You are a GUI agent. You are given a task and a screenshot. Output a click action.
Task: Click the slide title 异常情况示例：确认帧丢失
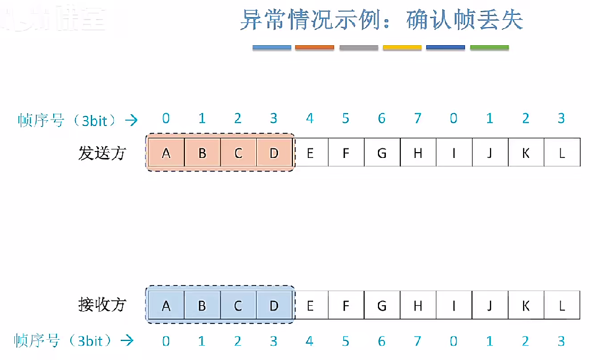(x=382, y=20)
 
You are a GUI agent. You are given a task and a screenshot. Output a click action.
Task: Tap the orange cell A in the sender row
(x=166, y=153)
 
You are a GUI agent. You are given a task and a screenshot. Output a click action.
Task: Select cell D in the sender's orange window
(x=274, y=153)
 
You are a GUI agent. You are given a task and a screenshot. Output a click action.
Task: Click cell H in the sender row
(x=418, y=153)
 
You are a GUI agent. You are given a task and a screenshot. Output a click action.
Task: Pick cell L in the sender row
(x=562, y=153)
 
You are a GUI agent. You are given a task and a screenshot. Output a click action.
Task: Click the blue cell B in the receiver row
(x=202, y=306)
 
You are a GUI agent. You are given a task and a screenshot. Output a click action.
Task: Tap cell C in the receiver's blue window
(x=238, y=306)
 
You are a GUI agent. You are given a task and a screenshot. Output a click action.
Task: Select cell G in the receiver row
(x=382, y=306)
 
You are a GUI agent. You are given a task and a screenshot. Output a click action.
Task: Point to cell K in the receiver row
(x=526, y=306)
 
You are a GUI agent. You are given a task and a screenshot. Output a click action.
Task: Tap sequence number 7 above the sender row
(x=418, y=119)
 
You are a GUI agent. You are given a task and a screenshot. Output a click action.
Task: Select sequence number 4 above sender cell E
(x=310, y=119)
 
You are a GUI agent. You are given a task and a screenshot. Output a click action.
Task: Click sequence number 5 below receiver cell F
(x=346, y=341)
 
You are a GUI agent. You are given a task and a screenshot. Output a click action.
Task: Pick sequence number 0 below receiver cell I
(x=453, y=341)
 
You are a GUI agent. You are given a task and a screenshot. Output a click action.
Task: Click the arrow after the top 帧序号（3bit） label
(x=131, y=120)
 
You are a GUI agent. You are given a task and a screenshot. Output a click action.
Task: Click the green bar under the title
(x=490, y=48)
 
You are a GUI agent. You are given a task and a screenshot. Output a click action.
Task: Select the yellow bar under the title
(x=402, y=48)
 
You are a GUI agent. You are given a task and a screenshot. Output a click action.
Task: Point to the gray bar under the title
(x=358, y=48)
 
